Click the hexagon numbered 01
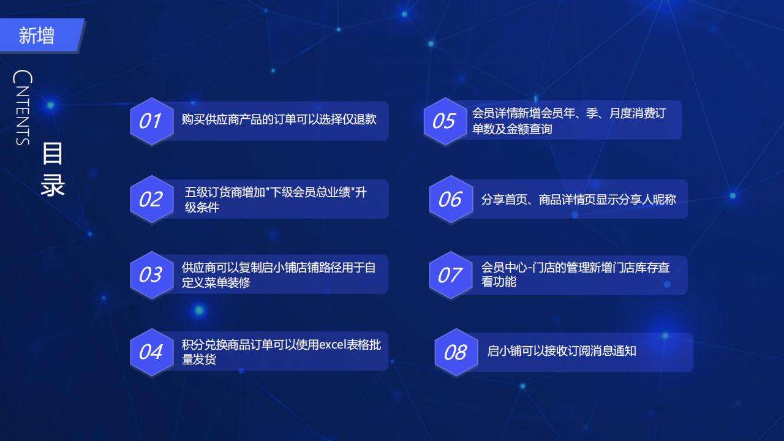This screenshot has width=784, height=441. point(152,121)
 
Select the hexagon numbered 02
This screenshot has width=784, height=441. point(152,200)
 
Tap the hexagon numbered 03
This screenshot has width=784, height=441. point(152,275)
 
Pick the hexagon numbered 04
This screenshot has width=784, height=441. point(152,352)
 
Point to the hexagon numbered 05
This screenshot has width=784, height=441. point(445,121)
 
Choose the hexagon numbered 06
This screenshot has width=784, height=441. point(451,200)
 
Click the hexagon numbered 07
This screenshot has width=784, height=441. point(451,276)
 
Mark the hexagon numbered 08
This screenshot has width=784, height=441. point(456,352)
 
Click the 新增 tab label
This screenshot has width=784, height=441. point(36,36)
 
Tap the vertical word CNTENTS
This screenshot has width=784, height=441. point(23,107)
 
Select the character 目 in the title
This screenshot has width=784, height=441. point(53,154)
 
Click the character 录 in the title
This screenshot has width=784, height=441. point(53,185)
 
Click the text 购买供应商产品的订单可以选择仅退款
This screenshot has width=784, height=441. point(279,119)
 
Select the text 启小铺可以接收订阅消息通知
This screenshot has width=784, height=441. point(562,351)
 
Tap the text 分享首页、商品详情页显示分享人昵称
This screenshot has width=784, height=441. point(578,200)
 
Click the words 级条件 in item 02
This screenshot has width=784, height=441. point(202,208)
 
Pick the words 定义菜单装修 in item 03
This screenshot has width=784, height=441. point(216,282)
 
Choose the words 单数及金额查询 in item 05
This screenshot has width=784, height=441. point(512,129)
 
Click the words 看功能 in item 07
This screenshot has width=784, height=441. point(499,281)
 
